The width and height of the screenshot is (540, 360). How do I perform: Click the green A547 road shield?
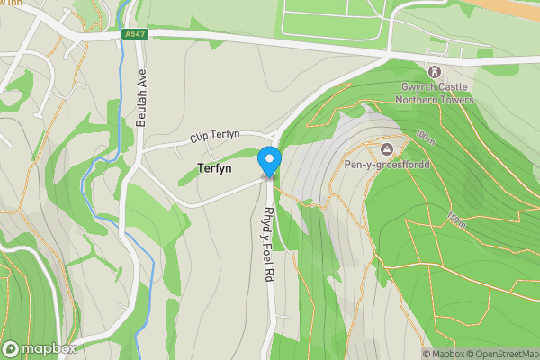click(134, 34)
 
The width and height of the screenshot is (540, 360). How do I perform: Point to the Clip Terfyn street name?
click(214, 136)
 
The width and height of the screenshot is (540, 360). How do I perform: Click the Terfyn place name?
click(215, 167)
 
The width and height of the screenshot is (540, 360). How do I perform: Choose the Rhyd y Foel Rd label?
click(267, 246)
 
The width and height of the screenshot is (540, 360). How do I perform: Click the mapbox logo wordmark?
click(49, 348)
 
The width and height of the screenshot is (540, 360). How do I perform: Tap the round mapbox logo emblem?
click(11, 348)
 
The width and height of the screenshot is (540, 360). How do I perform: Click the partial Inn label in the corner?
click(7, 4)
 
